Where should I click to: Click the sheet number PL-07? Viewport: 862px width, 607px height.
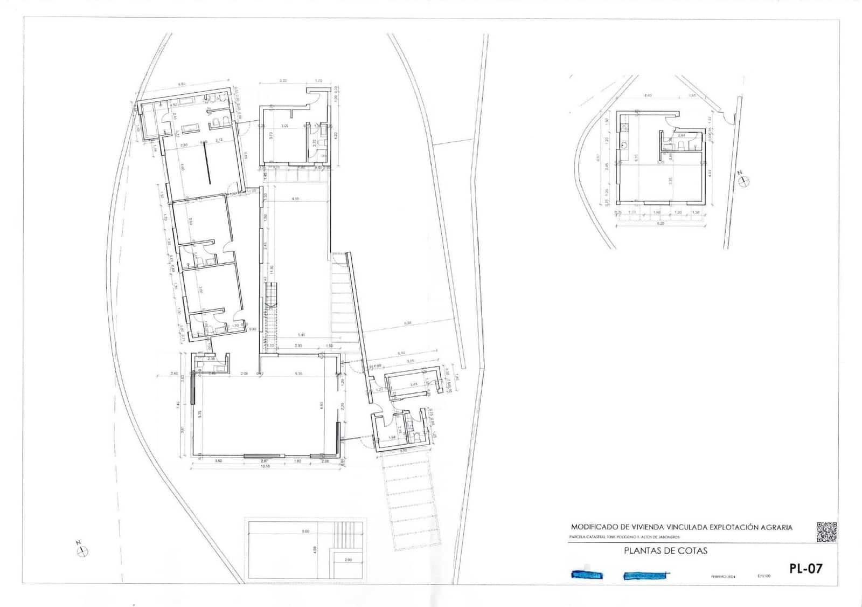pyautogui.click(x=805, y=568)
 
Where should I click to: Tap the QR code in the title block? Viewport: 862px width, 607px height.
pyautogui.click(x=827, y=532)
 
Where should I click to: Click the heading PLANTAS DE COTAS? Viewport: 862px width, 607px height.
pyautogui.click(x=665, y=551)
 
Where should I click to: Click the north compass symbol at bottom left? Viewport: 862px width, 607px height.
pyautogui.click(x=82, y=550)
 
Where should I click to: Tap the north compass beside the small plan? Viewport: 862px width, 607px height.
pyautogui.click(x=744, y=182)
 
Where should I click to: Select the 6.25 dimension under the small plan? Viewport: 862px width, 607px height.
pyautogui.click(x=660, y=223)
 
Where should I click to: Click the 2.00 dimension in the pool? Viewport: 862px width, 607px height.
pyautogui.click(x=347, y=560)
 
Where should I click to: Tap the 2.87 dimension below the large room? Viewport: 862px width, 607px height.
pyautogui.click(x=265, y=461)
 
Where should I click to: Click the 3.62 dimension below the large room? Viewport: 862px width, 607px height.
pyautogui.click(x=219, y=461)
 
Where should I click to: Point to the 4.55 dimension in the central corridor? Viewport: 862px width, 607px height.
pyautogui.click(x=295, y=199)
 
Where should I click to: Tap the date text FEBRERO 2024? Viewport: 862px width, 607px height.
pyautogui.click(x=723, y=576)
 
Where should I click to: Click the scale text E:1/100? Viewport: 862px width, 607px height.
pyautogui.click(x=764, y=576)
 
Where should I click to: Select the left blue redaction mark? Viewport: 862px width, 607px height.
pyautogui.click(x=587, y=575)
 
